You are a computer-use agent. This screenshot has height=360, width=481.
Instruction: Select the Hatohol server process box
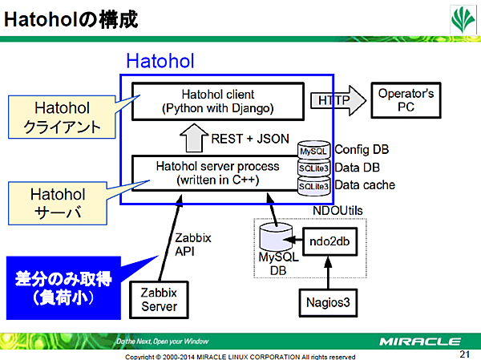pos(217,172)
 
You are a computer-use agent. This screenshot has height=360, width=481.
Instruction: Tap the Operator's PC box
pos(406,100)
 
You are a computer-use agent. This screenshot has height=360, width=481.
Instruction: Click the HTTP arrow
pos(335,100)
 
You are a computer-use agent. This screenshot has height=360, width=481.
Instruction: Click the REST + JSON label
pos(249,138)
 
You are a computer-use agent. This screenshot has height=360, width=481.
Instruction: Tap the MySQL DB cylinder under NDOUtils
pos(277,239)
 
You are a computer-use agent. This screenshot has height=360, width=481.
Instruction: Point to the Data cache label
pos(365,185)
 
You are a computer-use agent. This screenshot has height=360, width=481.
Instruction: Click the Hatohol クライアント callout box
pos(63,116)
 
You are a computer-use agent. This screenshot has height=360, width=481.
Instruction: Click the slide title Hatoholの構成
pos(72,20)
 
